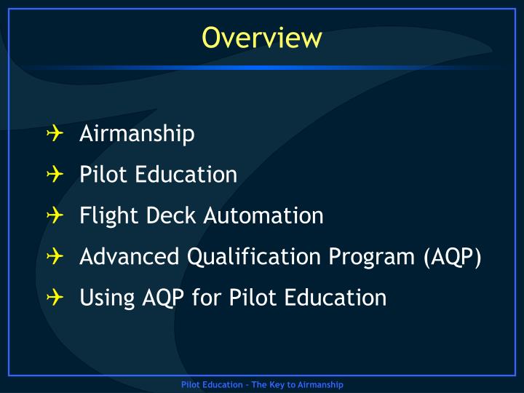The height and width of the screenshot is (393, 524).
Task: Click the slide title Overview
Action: pos(262,37)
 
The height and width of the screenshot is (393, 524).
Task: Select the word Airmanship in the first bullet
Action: pos(137,134)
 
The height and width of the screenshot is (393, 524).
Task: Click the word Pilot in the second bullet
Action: pos(100,175)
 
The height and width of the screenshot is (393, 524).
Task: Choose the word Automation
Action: pos(263,216)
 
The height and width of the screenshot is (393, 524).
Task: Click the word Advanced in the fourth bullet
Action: pos(129,257)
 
